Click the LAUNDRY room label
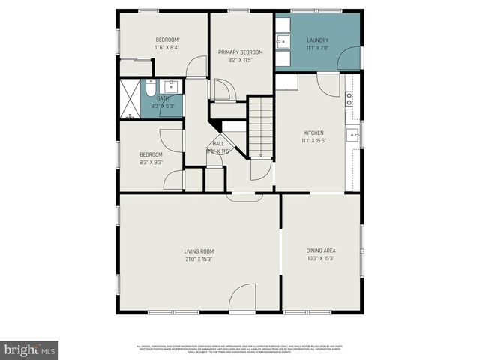pyautogui.click(x=318, y=40)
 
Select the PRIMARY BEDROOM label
pyautogui.click(x=240, y=52)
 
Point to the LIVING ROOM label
pyautogui.click(x=199, y=250)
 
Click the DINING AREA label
pyautogui.click(x=320, y=250)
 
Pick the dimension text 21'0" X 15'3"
pyautogui.click(x=199, y=259)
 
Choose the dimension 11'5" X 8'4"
pyautogui.click(x=166, y=48)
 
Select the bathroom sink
pyautogui.click(x=170, y=85)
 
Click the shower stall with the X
pyautogui.click(x=131, y=97)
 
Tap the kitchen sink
pyautogui.click(x=352, y=135)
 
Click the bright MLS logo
pyautogui.click(x=30, y=349)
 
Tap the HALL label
pyautogui.click(x=218, y=143)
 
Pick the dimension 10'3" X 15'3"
pyautogui.click(x=320, y=259)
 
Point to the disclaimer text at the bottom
pyautogui.click(x=240, y=349)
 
